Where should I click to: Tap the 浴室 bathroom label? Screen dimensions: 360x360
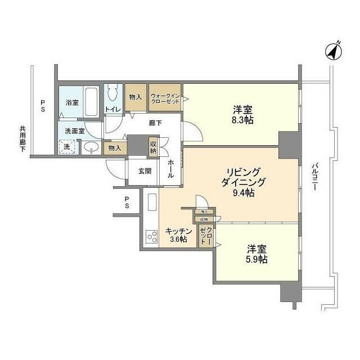point(71,103)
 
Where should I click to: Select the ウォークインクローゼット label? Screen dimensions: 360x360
point(164,99)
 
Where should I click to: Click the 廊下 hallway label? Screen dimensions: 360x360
point(156,123)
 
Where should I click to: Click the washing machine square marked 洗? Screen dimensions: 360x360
point(67,147)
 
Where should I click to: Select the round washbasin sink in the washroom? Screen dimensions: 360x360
point(91,148)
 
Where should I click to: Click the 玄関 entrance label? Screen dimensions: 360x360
point(144,170)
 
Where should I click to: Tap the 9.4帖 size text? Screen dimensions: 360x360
point(242,193)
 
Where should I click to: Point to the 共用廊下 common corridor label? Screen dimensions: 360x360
point(21,142)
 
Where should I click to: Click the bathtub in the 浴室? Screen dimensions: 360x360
point(91,103)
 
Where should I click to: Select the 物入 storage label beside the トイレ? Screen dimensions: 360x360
point(135,97)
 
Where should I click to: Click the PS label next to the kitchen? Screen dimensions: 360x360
point(128,202)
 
